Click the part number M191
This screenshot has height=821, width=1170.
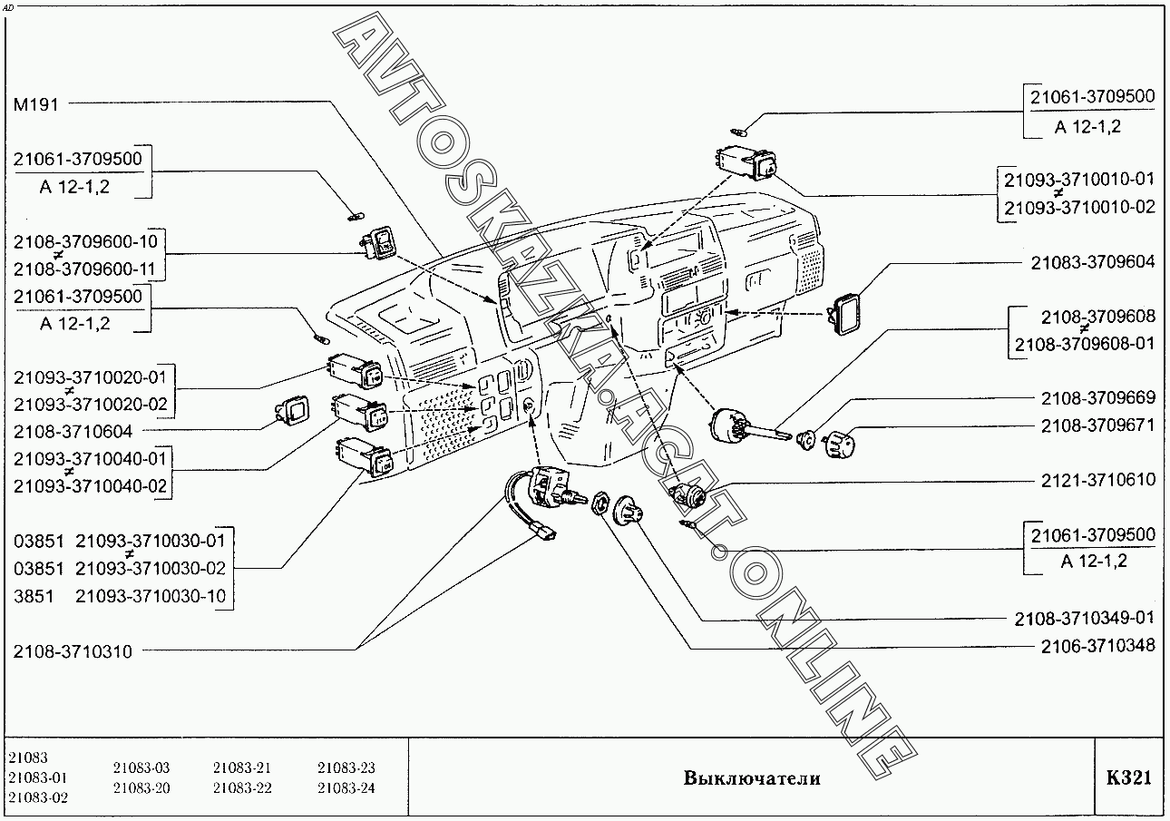(35, 103)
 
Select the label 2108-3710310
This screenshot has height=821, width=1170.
(73, 651)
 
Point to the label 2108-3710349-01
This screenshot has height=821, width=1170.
(1085, 619)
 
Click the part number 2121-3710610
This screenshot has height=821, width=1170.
(1098, 479)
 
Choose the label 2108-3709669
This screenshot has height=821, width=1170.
(1098, 397)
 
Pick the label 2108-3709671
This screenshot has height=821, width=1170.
(1098, 425)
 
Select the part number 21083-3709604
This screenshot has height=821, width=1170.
(1093, 262)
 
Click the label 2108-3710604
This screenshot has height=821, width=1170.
(73, 431)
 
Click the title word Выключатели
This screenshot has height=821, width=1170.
(752, 778)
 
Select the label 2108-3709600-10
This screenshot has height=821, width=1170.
(85, 241)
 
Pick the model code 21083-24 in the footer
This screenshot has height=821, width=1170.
(346, 788)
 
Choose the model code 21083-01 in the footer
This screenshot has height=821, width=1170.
(37, 777)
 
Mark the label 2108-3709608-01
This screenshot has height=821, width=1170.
(1085, 344)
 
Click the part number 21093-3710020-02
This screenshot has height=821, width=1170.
(91, 404)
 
